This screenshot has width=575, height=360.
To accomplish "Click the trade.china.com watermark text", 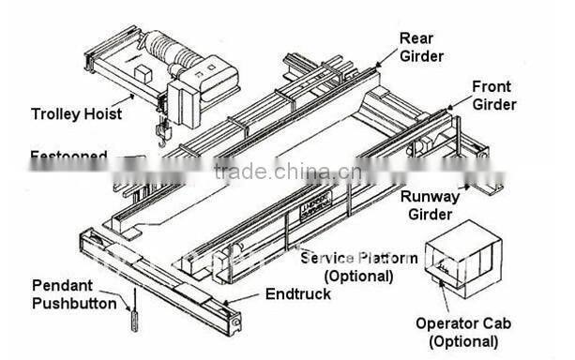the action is click(280, 172).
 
